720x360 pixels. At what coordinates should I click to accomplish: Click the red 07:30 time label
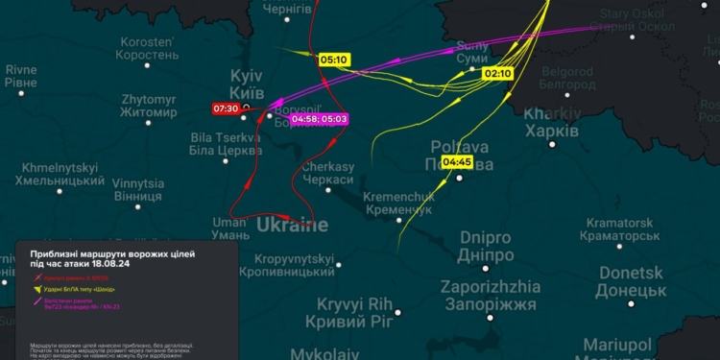click(x=226, y=108)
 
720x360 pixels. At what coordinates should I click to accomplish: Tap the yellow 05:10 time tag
click(x=333, y=60)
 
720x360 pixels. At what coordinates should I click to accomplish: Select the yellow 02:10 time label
click(x=498, y=73)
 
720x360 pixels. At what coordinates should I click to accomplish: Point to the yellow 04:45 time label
click(x=457, y=162)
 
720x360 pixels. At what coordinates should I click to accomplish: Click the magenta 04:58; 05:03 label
click(x=320, y=119)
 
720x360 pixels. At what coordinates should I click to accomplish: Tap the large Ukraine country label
click(x=292, y=226)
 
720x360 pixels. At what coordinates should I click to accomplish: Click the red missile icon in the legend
click(x=39, y=276)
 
